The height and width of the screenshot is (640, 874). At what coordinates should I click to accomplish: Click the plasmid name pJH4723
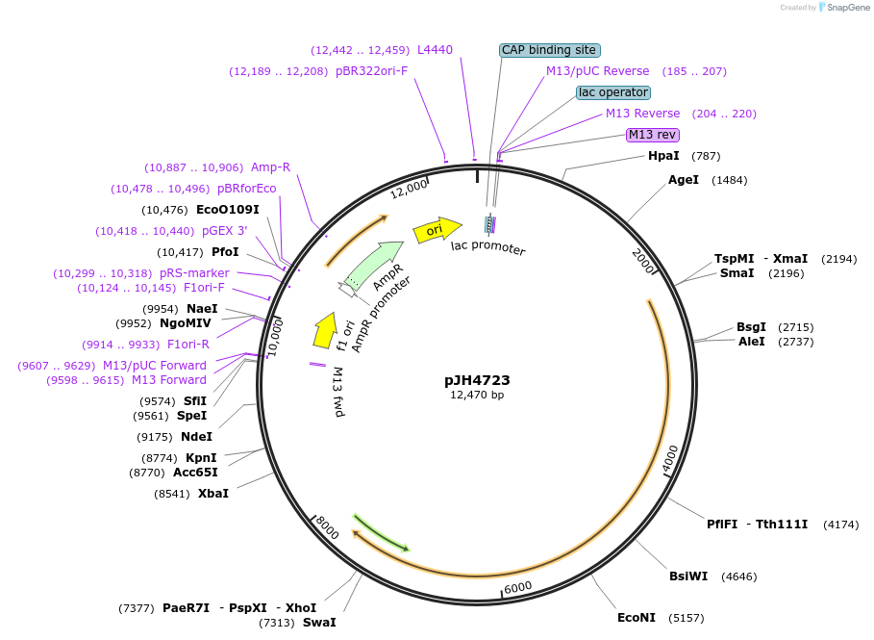(477, 380)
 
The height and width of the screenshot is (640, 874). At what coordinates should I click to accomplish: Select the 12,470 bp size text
(477, 395)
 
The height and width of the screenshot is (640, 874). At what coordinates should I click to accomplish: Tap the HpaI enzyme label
(663, 156)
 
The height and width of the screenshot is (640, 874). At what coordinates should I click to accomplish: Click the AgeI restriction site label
(684, 180)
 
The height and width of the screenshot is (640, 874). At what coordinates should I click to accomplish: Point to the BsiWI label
(688, 576)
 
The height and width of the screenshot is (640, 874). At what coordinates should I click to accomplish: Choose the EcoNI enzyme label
(637, 618)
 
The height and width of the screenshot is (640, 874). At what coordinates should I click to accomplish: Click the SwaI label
(319, 623)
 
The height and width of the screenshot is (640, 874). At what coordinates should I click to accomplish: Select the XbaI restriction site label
(213, 494)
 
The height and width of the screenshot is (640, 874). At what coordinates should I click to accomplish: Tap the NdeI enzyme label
(196, 437)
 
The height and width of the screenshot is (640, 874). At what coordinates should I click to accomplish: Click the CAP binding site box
(550, 50)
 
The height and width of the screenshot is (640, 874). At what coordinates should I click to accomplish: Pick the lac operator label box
(613, 92)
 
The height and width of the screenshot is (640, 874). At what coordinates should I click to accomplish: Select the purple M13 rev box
(653, 135)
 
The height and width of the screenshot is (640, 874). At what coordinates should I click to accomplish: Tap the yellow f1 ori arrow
(324, 329)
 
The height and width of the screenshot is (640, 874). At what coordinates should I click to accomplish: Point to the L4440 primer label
(435, 50)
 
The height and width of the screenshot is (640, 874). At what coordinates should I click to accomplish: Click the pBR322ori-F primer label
(371, 71)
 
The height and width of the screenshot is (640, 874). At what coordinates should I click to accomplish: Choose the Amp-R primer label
(270, 167)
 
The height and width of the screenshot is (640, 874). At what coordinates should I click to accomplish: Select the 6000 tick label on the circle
(517, 587)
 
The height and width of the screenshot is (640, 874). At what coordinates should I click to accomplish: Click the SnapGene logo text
(849, 8)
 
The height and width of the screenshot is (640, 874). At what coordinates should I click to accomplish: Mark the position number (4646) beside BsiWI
(740, 576)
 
